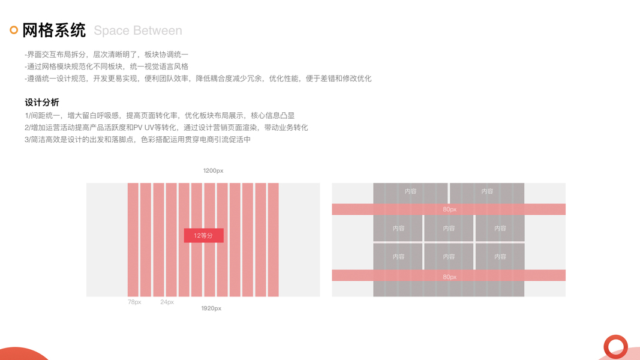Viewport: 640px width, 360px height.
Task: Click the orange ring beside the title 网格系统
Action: point(14,30)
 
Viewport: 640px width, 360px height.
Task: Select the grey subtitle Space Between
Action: point(138,31)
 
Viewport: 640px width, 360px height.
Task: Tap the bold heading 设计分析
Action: point(42,103)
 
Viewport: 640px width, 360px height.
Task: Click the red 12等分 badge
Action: point(203,235)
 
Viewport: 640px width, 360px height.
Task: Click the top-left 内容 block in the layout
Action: point(410,191)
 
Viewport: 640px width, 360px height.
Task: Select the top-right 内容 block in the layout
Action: point(487,191)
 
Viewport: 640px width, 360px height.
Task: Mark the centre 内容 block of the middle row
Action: point(449,228)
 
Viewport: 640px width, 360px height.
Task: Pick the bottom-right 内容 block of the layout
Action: point(500,256)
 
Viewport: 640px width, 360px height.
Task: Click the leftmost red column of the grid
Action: point(133,239)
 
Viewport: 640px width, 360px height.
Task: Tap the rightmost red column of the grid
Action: point(273,239)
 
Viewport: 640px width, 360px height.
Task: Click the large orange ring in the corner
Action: point(615,347)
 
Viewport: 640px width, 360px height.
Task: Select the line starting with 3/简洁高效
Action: point(137,140)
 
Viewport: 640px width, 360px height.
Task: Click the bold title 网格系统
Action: point(54,30)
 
